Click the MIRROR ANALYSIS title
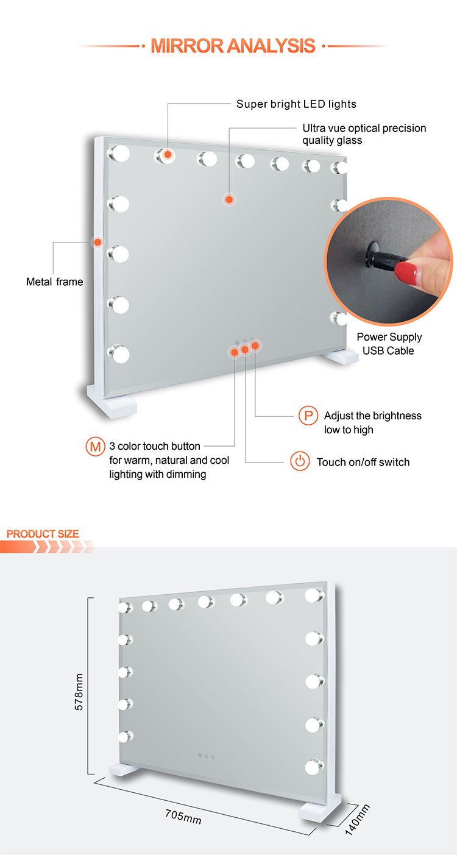tap(233, 46)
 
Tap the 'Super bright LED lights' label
tap(296, 104)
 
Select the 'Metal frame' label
tap(54, 282)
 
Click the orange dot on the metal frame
tap(97, 243)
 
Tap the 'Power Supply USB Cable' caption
tap(389, 344)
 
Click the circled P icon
tap(308, 416)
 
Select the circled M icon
tap(94, 447)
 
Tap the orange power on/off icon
tap(299, 461)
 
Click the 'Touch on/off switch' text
tap(363, 462)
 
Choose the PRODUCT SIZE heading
tap(43, 534)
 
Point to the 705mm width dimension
tap(183, 815)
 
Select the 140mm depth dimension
tap(357, 819)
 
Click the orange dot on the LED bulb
tap(167, 155)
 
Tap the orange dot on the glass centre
tap(228, 199)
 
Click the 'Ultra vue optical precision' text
tap(364, 129)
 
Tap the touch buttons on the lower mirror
tap(207, 756)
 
